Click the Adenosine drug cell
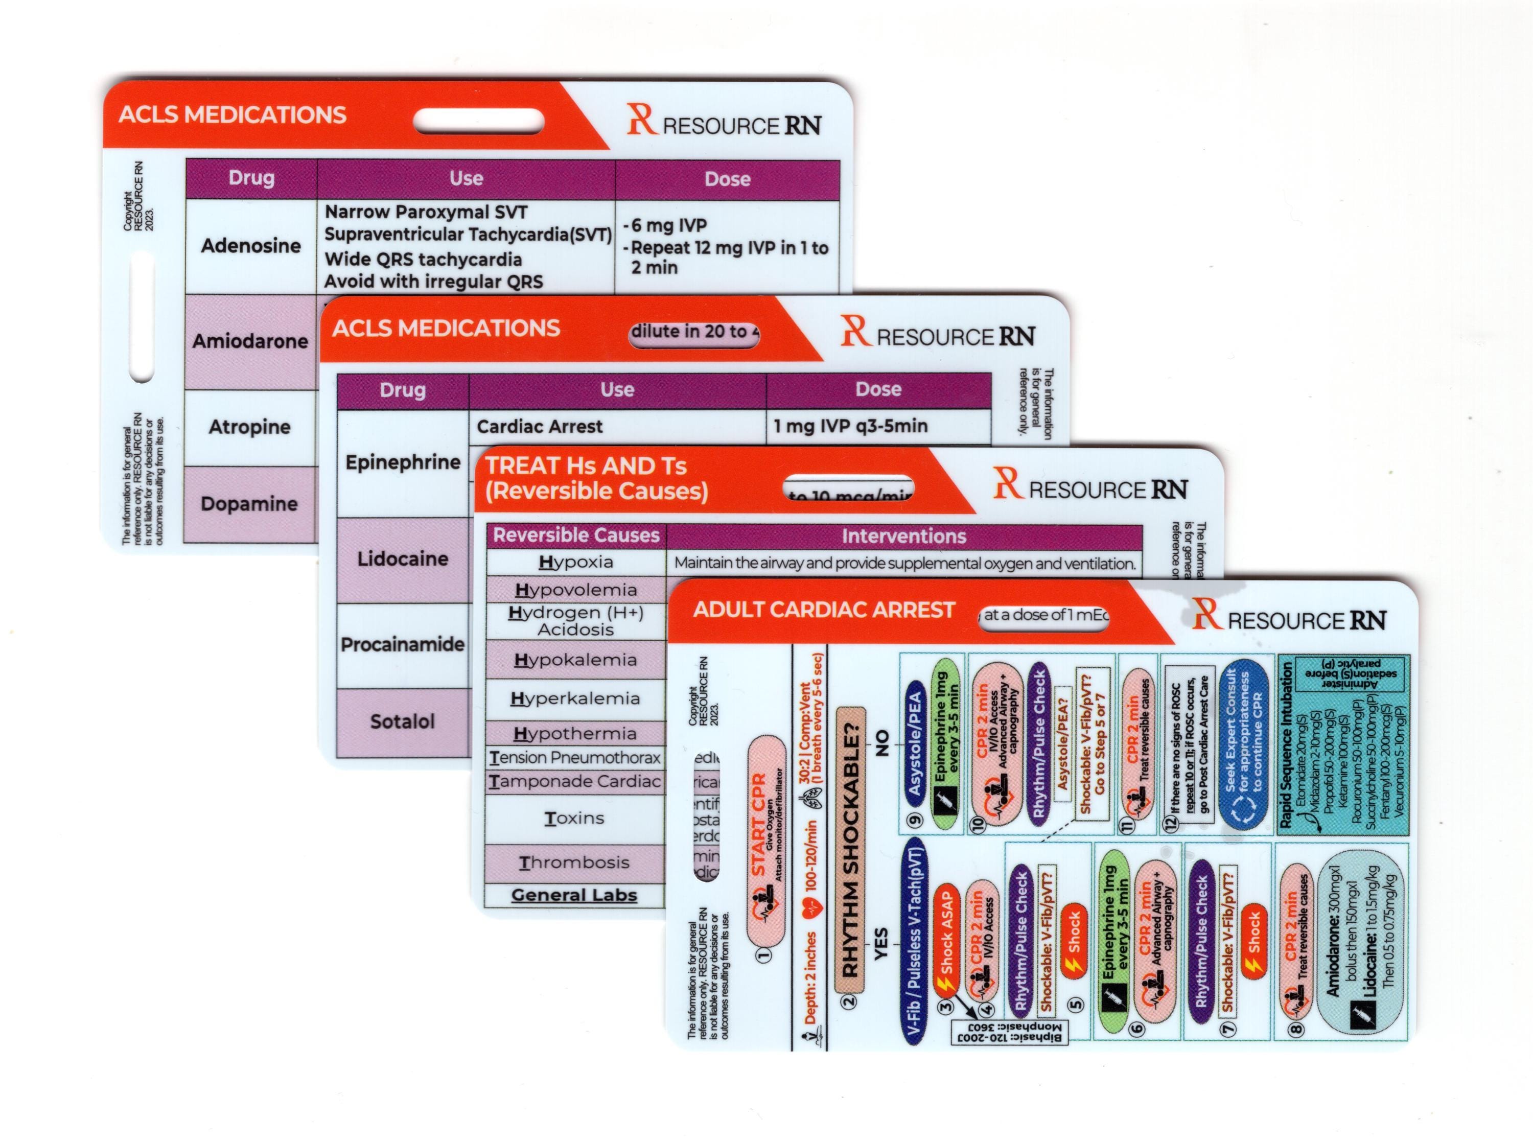250,246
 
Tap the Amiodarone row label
250,341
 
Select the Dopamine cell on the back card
249,504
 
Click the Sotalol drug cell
402,721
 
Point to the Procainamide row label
402,645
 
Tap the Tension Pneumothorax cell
575,758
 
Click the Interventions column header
903,536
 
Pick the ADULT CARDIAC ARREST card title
823,610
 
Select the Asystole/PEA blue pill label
915,744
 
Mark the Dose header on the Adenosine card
727,180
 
